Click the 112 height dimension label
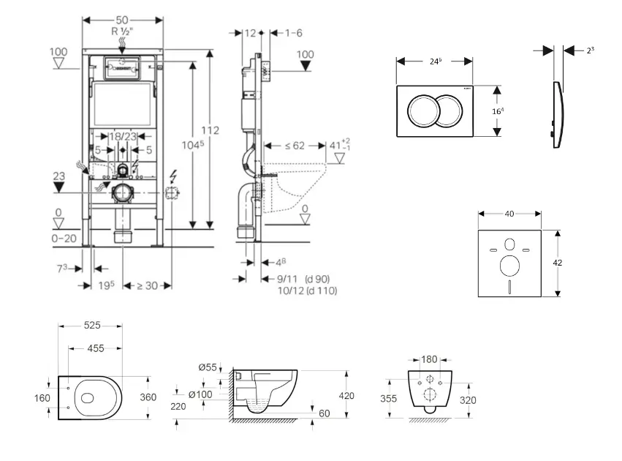pyautogui.click(x=211, y=130)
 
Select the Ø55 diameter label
pyautogui.click(x=208, y=367)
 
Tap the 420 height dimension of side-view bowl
pyautogui.click(x=346, y=396)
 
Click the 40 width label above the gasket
pyautogui.click(x=509, y=214)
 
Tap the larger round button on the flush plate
pyautogui.click(x=423, y=110)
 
